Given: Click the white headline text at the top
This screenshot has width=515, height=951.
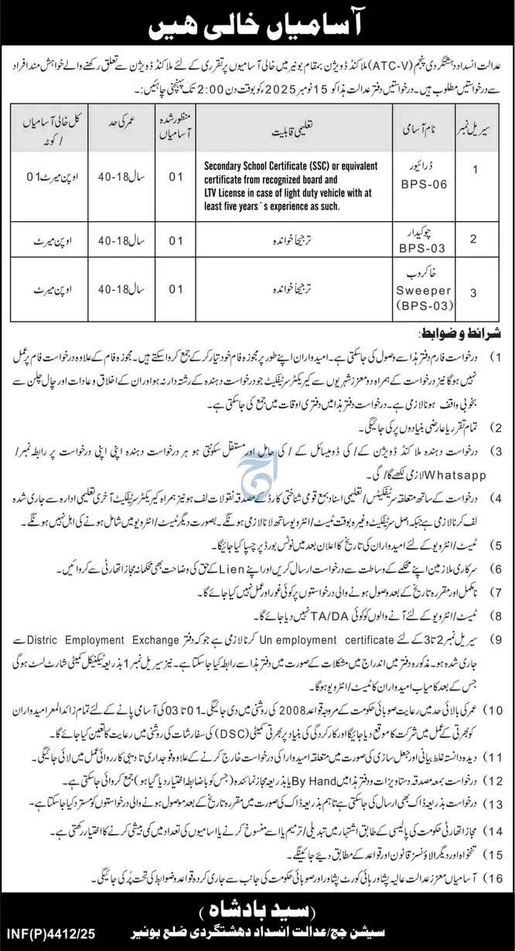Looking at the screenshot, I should pyautogui.click(x=257, y=24).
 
